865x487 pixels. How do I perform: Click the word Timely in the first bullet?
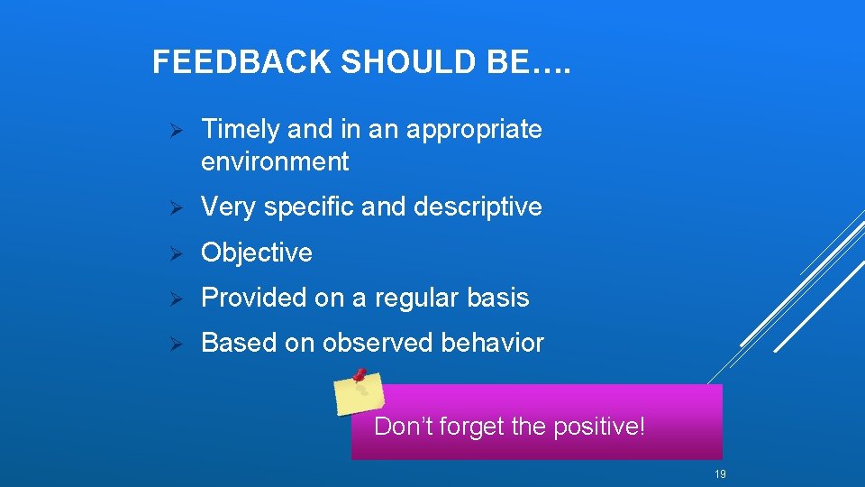(x=241, y=130)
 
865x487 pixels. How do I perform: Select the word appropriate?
(x=474, y=131)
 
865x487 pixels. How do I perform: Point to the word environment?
(x=275, y=162)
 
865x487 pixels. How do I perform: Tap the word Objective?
(x=257, y=253)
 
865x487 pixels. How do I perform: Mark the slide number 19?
(x=720, y=474)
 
